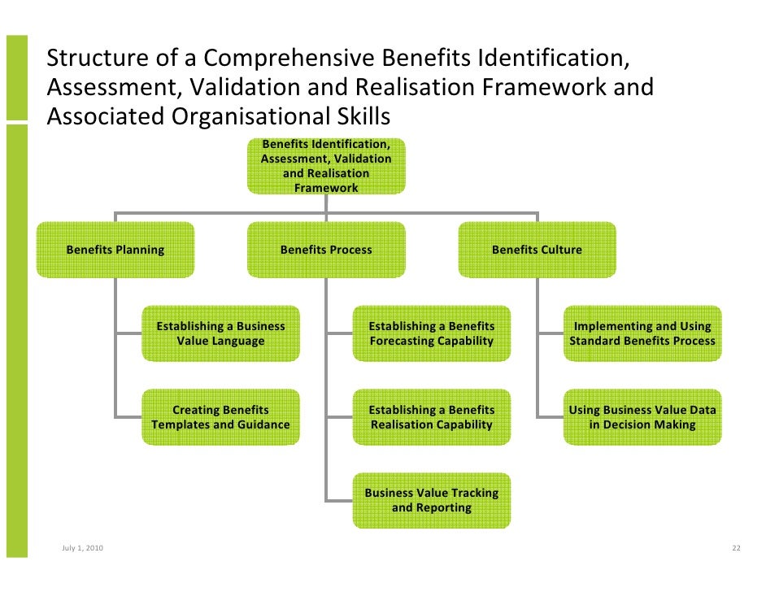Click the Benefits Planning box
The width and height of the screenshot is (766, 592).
(x=115, y=250)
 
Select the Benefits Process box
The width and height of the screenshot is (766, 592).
(x=326, y=250)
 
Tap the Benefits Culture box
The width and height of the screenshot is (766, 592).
(x=537, y=250)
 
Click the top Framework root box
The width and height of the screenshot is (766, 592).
(x=326, y=166)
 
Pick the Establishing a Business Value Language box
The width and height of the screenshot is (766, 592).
(x=220, y=333)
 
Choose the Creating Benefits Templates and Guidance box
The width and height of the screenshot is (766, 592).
(x=220, y=417)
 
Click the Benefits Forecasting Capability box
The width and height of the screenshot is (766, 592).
(x=431, y=333)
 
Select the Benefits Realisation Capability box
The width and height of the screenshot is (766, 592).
(x=431, y=417)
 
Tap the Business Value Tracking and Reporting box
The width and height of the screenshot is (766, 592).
(x=431, y=500)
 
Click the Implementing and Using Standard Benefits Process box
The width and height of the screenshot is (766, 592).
(x=642, y=333)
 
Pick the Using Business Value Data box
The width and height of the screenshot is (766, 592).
(x=642, y=417)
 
